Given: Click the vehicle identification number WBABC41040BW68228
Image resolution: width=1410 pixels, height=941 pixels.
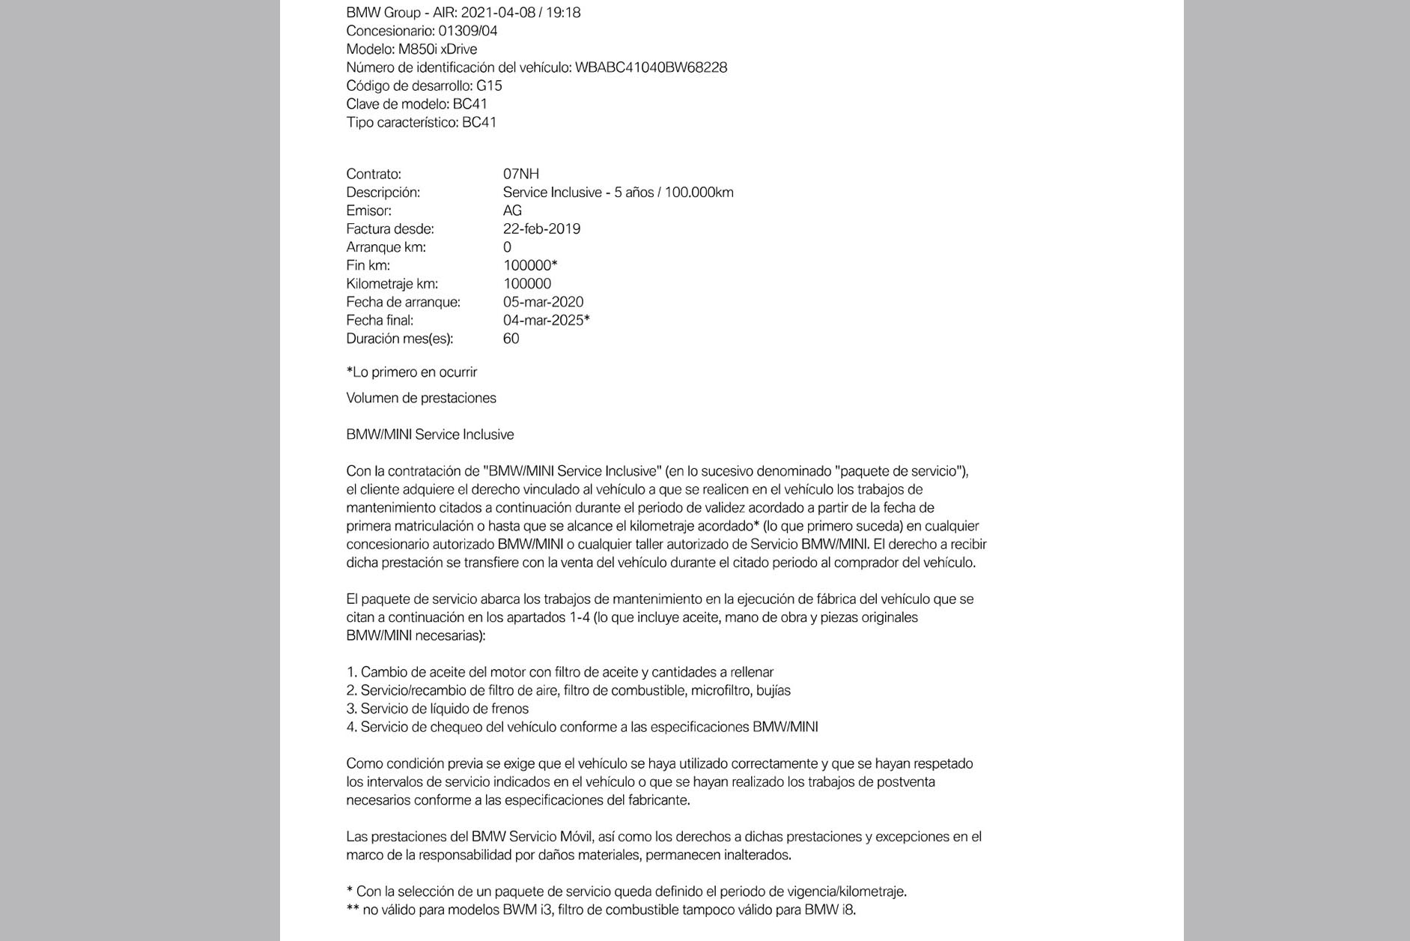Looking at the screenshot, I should tap(651, 67).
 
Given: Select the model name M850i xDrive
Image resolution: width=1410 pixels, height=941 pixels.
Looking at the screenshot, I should tap(437, 49).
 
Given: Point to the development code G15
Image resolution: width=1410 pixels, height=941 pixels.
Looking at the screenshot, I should tap(489, 85).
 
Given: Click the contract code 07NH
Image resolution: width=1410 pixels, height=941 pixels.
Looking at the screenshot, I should tap(520, 174).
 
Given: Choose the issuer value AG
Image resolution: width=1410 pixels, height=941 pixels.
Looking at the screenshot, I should tap(512, 211).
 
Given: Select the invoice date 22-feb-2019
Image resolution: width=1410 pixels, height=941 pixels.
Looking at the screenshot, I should tap(541, 229).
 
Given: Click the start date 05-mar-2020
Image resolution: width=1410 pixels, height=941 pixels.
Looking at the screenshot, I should tap(543, 302).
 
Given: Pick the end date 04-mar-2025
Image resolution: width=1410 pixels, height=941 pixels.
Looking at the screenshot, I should tap(544, 320).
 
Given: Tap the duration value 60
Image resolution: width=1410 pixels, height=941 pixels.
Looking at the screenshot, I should tap(511, 339).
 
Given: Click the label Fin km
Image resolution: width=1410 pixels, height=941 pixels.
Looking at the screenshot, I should tap(368, 265).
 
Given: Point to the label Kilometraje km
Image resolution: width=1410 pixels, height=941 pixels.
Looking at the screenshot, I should tap(392, 284).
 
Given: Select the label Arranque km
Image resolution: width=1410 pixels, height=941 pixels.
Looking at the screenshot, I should tap(386, 247).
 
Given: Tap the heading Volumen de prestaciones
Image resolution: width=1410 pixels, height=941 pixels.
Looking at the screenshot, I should tap(421, 398).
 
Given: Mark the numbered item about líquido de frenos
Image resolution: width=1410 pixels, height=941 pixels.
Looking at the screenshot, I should tap(437, 709).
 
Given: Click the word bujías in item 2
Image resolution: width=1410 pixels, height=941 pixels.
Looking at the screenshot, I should tap(773, 691).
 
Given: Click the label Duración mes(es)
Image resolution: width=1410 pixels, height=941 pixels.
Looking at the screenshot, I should tap(399, 339).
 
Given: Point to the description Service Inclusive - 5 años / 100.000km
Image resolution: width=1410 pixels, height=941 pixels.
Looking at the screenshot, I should tap(618, 193).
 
